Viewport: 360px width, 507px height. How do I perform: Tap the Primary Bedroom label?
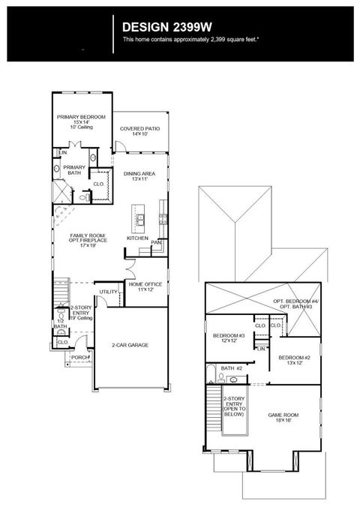81,118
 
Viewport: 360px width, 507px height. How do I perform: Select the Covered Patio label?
140,129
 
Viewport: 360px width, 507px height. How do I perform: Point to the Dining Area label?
139,173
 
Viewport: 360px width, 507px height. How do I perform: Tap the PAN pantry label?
156,243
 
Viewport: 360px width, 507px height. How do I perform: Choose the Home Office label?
145,285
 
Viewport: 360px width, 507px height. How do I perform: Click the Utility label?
109,292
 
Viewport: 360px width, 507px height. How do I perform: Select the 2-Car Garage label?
130,345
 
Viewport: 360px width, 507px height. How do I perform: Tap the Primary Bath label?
74,169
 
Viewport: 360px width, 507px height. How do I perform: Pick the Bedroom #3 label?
229,335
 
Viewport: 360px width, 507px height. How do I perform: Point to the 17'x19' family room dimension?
88,245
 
